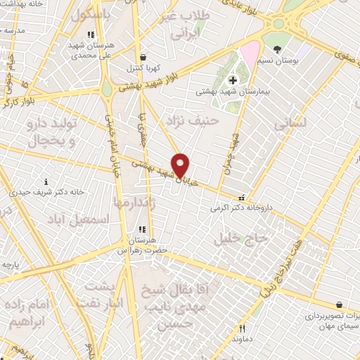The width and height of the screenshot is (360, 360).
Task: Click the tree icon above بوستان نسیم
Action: pos(278,49)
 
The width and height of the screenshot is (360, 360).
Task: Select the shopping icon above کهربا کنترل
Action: pos(143,58)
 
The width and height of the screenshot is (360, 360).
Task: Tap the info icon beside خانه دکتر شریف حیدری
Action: pos(46,181)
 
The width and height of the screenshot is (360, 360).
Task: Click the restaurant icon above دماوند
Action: pos(242,328)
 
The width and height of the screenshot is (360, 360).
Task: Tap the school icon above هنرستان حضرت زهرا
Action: pos(141,229)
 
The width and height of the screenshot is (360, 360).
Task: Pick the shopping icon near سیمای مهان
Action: pos(340,306)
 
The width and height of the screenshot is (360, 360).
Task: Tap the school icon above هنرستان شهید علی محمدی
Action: pos(90,34)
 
